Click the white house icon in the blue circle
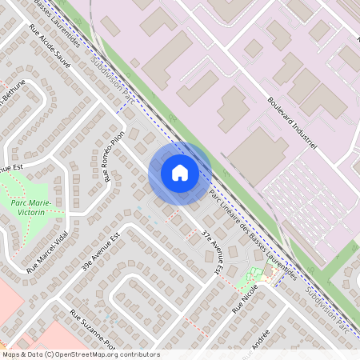click(180, 173)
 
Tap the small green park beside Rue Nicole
click(253, 280)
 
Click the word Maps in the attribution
click(11, 354)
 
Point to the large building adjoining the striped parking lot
click(257, 153)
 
